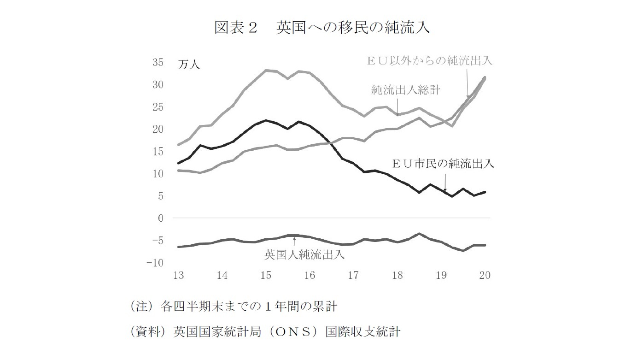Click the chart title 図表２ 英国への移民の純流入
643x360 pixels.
pyautogui.click(x=321, y=28)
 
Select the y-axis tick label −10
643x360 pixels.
pyautogui.click(x=155, y=262)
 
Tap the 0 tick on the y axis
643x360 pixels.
pyautogui.click(x=161, y=218)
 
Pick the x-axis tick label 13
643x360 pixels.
pyautogui.click(x=178, y=276)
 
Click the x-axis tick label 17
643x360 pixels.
pyautogui.click(x=353, y=276)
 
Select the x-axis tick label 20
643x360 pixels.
pyautogui.click(x=485, y=276)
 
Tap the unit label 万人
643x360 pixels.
pyautogui.click(x=189, y=65)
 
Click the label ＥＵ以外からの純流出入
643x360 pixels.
pyautogui.click(x=429, y=60)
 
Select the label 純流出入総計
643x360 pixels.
pyautogui.click(x=406, y=90)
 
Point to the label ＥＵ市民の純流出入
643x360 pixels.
pyautogui.click(x=443, y=164)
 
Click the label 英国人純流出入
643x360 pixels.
pyautogui.click(x=304, y=254)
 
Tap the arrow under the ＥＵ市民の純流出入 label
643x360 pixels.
pyautogui.click(x=445, y=181)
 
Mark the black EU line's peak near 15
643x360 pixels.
pyautogui.click(x=266, y=121)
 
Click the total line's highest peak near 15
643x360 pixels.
pyautogui.click(x=266, y=71)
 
